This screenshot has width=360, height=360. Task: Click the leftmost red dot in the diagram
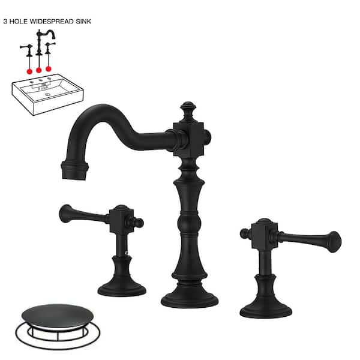pyautogui.click(x=28, y=70)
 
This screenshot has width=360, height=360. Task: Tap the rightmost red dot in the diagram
pyautogui.click(x=49, y=69)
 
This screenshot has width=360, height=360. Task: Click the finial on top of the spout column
pyautogui.click(x=190, y=109)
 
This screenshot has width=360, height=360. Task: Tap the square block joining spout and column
pyautogui.click(x=189, y=136)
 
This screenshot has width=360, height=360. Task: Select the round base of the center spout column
pyautogui.click(x=190, y=295)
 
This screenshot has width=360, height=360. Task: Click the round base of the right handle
pyautogui.click(x=266, y=308)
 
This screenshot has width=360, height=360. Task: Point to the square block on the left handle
pyautogui.click(x=122, y=220)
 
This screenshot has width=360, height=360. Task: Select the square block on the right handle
pyautogui.click(x=262, y=233)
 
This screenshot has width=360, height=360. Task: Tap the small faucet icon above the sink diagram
pyautogui.click(x=40, y=45)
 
